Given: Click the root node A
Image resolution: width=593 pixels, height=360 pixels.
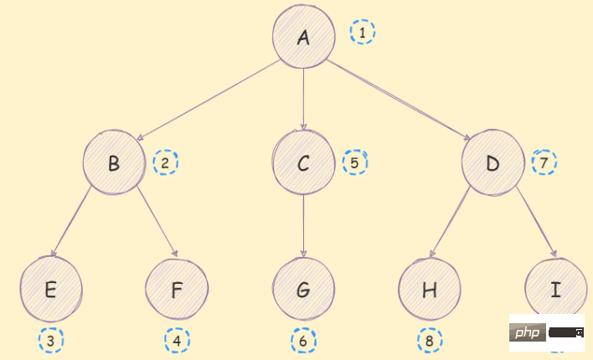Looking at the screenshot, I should click(303, 37).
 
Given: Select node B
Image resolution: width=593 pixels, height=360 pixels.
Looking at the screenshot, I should click(114, 162).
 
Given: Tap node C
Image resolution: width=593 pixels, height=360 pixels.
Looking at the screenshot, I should click(303, 162).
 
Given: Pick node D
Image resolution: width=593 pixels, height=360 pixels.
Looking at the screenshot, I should click(492, 162).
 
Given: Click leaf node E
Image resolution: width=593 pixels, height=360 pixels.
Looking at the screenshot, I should click(51, 290).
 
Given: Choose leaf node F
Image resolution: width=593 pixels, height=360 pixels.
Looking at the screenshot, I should click(177, 290).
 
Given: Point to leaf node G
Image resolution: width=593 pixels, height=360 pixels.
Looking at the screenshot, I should click(303, 290).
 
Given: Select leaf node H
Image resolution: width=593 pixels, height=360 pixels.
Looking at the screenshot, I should click(430, 290).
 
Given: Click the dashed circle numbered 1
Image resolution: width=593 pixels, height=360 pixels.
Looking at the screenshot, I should click(363, 33).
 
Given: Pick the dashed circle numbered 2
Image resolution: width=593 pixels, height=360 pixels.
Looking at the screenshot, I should click(166, 162).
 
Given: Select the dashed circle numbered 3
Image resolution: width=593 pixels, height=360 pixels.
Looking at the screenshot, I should click(51, 340).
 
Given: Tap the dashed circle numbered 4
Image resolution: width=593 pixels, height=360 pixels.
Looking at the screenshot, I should click(177, 340).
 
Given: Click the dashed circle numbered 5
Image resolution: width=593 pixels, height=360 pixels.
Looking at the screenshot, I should click(355, 162).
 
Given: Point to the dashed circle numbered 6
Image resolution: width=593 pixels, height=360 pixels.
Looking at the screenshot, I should click(304, 341).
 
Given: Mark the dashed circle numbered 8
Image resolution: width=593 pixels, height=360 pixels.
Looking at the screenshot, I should click(430, 341).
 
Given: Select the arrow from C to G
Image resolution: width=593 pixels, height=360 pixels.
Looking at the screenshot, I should click(303, 226).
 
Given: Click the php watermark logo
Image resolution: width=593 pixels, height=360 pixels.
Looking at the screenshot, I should click(528, 333).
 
